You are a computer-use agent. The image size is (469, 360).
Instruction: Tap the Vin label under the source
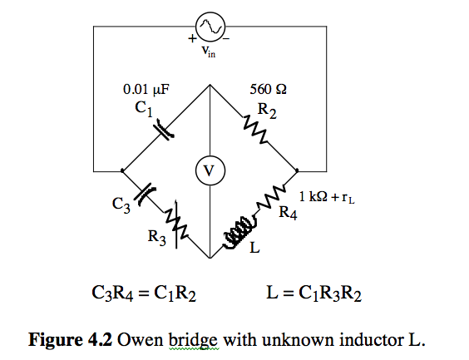pos(208,52)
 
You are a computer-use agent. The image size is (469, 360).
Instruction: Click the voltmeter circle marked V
pos(210,170)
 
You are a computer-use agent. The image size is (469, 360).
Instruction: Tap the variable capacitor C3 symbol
pos(145,193)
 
